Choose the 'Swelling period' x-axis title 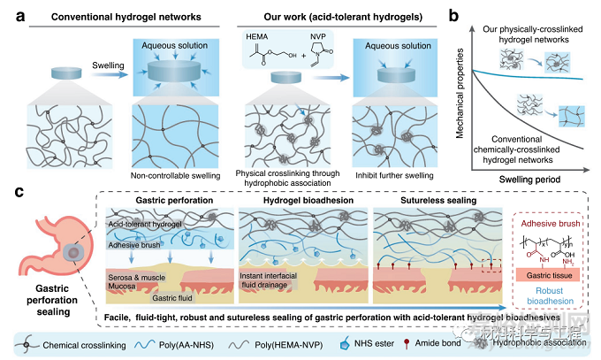[526, 176]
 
